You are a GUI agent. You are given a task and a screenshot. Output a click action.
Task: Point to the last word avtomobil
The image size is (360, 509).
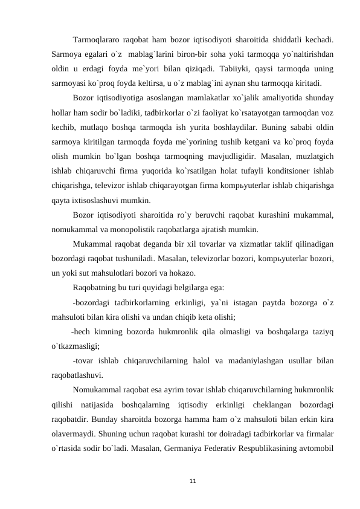[318, 447]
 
